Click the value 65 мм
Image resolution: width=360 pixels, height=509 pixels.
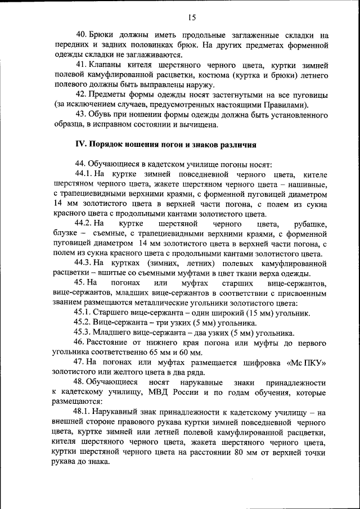pos(159,353)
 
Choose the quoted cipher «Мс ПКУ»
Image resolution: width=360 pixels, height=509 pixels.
pos(307,363)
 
